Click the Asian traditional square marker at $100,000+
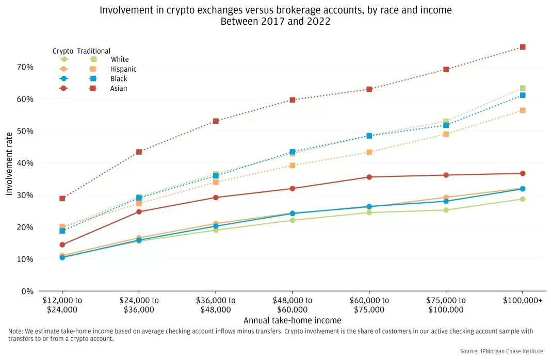[x=523, y=47]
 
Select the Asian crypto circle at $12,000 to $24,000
[x=62, y=245]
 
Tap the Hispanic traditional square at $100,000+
[x=523, y=110]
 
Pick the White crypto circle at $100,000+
[x=523, y=199]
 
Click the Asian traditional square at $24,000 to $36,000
[x=139, y=152]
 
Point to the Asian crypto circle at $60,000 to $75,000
[x=369, y=177]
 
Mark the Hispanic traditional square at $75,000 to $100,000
[x=446, y=134]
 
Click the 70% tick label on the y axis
[x=25, y=67]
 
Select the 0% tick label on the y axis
[x=27, y=291]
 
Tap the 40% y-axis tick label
[x=25, y=163]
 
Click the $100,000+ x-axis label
[x=523, y=301]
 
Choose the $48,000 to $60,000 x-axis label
[x=293, y=305]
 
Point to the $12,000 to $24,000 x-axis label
[x=62, y=305]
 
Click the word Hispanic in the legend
[x=123, y=69]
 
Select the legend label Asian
[x=119, y=89]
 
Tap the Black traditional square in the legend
[x=93, y=79]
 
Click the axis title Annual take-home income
[x=293, y=320]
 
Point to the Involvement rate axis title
[x=9, y=163]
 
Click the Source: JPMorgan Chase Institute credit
[x=501, y=351]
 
